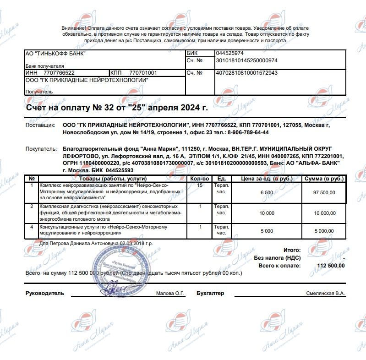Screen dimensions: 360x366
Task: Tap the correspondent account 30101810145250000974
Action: pos(246,60)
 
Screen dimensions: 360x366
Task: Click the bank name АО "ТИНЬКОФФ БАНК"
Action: pos(55,54)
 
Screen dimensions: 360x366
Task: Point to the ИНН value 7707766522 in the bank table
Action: pos(59,73)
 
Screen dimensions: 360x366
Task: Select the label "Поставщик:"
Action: pos(40,125)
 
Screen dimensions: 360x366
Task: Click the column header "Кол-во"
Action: pos(200,178)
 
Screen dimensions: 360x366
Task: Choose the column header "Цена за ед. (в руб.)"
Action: pos(267,178)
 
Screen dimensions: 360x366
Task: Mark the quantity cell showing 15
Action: pos(200,185)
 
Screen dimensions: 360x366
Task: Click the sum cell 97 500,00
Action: pos(325,192)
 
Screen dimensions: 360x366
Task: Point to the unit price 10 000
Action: pos(267,213)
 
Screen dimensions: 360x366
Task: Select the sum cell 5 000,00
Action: pos(325,232)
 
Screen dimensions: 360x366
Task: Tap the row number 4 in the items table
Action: pos(31,227)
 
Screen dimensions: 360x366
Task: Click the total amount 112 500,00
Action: pos(330,265)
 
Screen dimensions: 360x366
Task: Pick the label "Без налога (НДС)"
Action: pos(277,258)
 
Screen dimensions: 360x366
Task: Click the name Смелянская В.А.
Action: pos(326,294)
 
